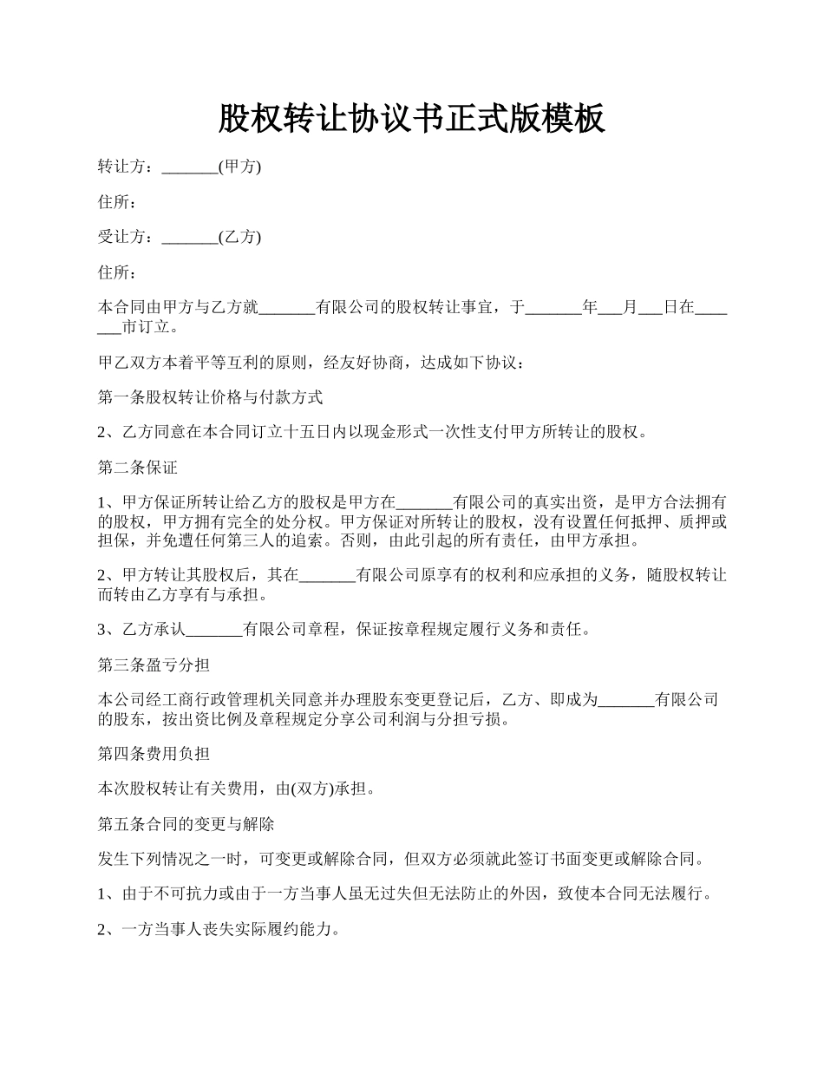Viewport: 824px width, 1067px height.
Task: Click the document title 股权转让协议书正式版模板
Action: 411,118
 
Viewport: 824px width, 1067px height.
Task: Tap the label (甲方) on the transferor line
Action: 239,167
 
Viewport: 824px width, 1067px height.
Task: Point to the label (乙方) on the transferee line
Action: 239,237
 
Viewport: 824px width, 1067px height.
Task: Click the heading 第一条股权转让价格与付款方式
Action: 210,397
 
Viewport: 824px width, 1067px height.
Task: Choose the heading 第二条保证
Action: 138,468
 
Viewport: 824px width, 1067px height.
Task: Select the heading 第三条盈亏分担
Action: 154,664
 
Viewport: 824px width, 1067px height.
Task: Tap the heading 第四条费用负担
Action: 154,754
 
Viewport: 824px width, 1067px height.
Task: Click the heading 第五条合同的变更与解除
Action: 186,822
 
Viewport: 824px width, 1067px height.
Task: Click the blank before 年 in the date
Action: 553,307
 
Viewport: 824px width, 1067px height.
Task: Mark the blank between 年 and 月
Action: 611,307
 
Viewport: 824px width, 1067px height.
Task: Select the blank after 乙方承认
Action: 214,630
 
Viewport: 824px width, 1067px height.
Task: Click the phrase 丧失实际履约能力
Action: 265,929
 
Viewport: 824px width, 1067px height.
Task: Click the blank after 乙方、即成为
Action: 626,700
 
